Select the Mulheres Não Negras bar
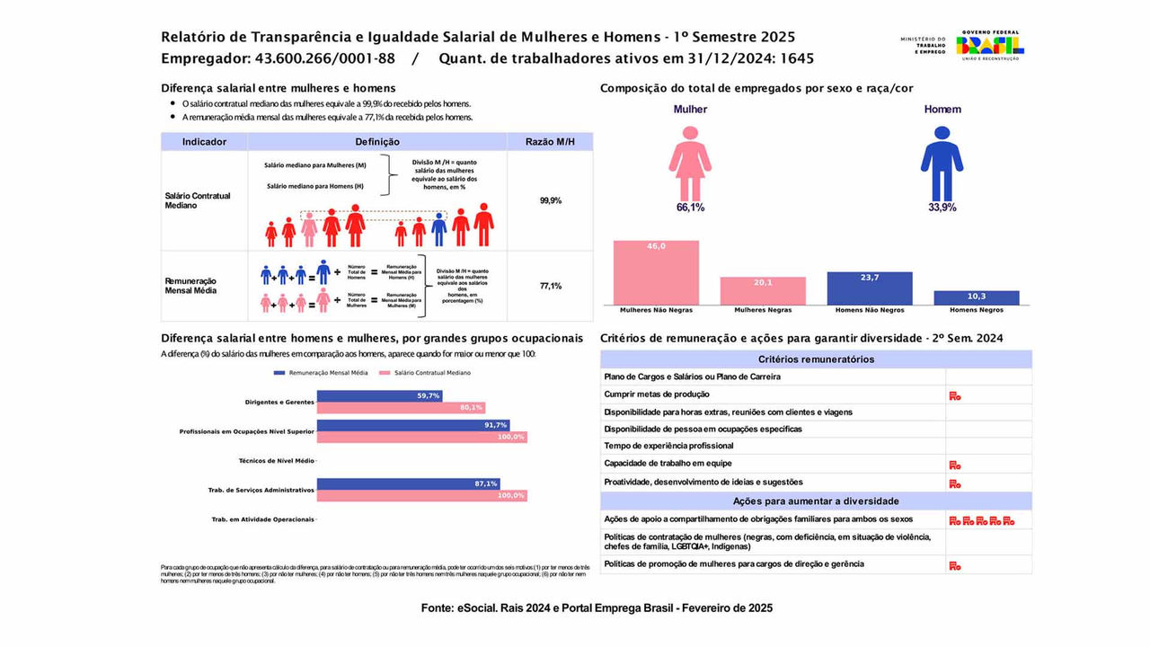coord(656,272)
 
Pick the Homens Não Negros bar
coord(870,288)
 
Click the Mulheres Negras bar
coord(763,290)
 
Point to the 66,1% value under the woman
coord(690,208)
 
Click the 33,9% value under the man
coord(942,208)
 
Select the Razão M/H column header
coord(550,142)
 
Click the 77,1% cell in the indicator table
coord(550,286)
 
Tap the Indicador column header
coord(204,142)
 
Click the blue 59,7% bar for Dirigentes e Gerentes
coord(379,395)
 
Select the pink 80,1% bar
coord(401,407)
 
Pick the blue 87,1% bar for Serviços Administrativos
coord(408,483)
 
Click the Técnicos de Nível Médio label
coord(277,461)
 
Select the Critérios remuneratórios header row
coord(816,359)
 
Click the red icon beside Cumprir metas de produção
coord(955,395)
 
